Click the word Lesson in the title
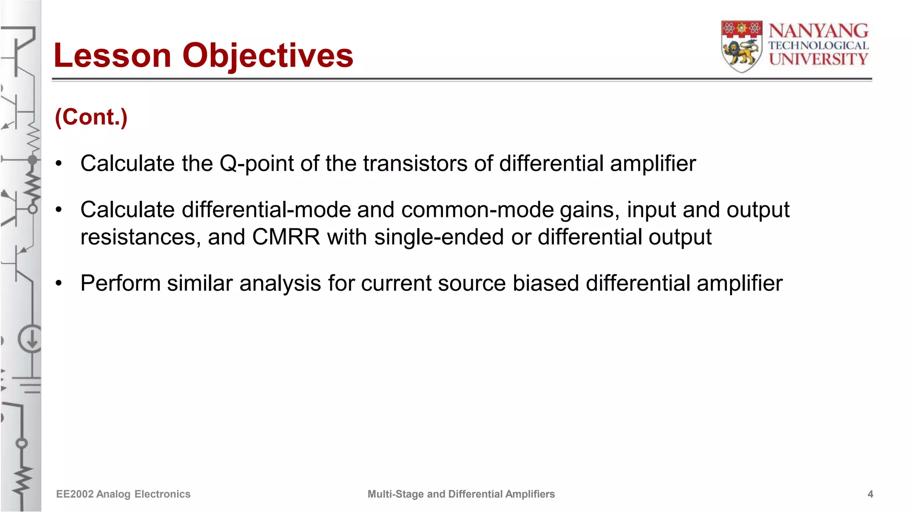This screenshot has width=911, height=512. click(x=112, y=56)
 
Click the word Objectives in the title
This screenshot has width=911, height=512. click(x=267, y=56)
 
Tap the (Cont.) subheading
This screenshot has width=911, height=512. click(x=91, y=117)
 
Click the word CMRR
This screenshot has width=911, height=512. click(x=286, y=237)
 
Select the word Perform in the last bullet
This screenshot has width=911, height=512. click(x=121, y=284)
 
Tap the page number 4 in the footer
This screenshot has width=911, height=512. click(x=870, y=494)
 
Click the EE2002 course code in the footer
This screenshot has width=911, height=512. click(x=74, y=494)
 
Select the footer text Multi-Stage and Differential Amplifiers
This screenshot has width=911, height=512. click(x=461, y=494)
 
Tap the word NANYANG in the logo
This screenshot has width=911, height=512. click(x=818, y=31)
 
